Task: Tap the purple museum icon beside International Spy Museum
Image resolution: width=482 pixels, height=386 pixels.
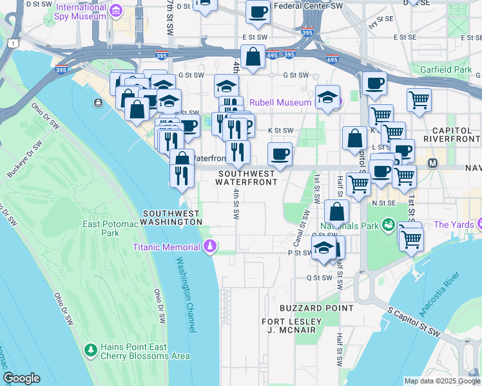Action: coord(115,10)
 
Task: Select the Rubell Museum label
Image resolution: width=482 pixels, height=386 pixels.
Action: coord(281,102)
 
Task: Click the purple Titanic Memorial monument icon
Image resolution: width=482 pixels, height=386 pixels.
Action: coord(210,247)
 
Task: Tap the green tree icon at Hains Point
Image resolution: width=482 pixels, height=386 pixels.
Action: coord(91,351)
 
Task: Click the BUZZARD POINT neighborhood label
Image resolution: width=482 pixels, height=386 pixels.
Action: coord(316,308)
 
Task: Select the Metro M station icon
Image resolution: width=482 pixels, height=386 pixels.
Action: coord(432,164)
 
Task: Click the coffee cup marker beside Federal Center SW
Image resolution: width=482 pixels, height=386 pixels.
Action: coord(258,12)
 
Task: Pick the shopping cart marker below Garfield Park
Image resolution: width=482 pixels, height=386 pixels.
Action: coord(419,100)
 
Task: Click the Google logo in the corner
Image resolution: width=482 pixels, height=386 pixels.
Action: coord(22,378)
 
